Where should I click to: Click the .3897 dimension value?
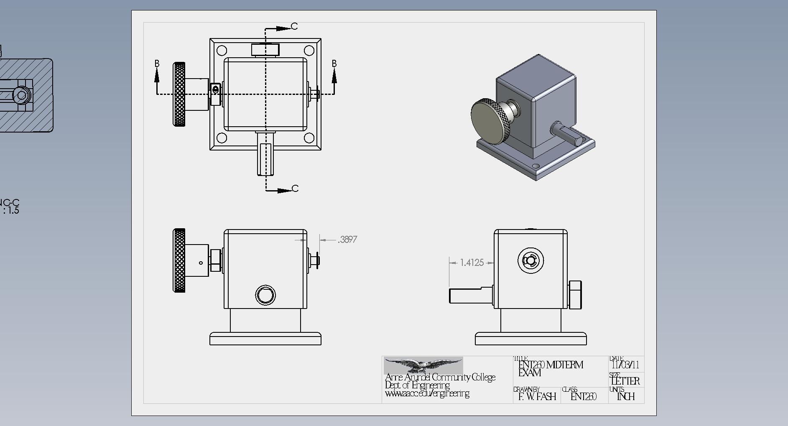(x=348, y=240)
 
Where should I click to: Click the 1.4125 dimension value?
(x=472, y=263)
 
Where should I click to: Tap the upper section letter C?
(x=294, y=26)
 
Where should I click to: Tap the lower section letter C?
(x=295, y=189)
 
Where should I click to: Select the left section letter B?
(x=157, y=64)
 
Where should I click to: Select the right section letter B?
(x=334, y=64)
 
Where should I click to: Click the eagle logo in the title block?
(x=423, y=365)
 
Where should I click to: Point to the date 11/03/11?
(x=625, y=365)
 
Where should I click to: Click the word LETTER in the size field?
(x=625, y=381)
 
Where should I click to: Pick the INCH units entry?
(x=626, y=396)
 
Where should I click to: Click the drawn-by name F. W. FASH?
(x=537, y=396)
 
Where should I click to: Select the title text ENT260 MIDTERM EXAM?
(x=550, y=368)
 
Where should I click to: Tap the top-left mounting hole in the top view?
(x=222, y=51)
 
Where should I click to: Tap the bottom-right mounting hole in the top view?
(x=309, y=138)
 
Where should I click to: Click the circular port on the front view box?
(x=265, y=296)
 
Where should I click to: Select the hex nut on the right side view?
(x=575, y=295)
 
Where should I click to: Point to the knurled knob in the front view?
(x=179, y=260)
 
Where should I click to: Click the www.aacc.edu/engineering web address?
(x=427, y=394)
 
